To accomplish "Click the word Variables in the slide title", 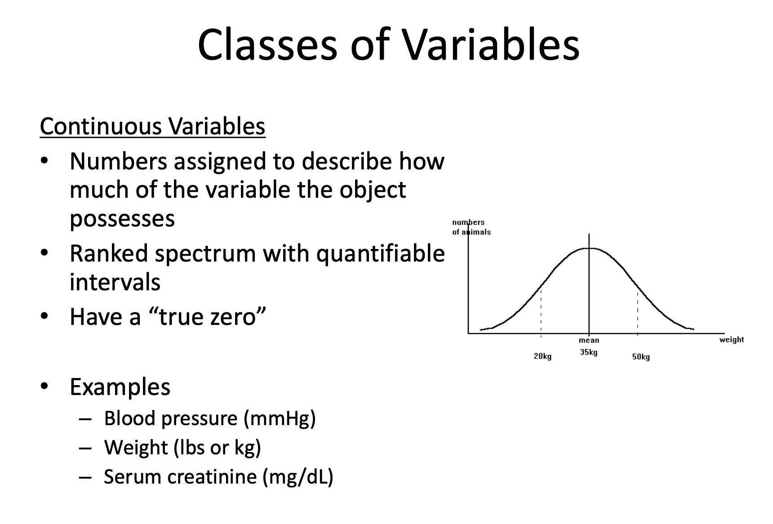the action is pos(491,45).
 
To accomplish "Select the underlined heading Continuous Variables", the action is pos(153,126).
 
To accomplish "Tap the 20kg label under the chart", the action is pos(542,356).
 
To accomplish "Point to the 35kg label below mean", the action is pos(589,352).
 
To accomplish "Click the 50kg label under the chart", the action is pos(641,357).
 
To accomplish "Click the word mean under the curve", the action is pos(589,340).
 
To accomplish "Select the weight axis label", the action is pos(732,339).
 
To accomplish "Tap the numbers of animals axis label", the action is pos(471,227).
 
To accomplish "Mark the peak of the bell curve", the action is pos(589,248).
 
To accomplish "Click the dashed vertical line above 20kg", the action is pos(541,311).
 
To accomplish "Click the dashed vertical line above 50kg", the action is pos(638,311).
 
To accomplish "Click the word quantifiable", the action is pos(381,254).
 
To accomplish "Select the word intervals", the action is pos(115,282).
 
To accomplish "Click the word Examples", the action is pos(120,387).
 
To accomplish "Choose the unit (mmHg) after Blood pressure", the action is pos(280,418).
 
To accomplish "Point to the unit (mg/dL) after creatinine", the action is pos(298,477).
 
